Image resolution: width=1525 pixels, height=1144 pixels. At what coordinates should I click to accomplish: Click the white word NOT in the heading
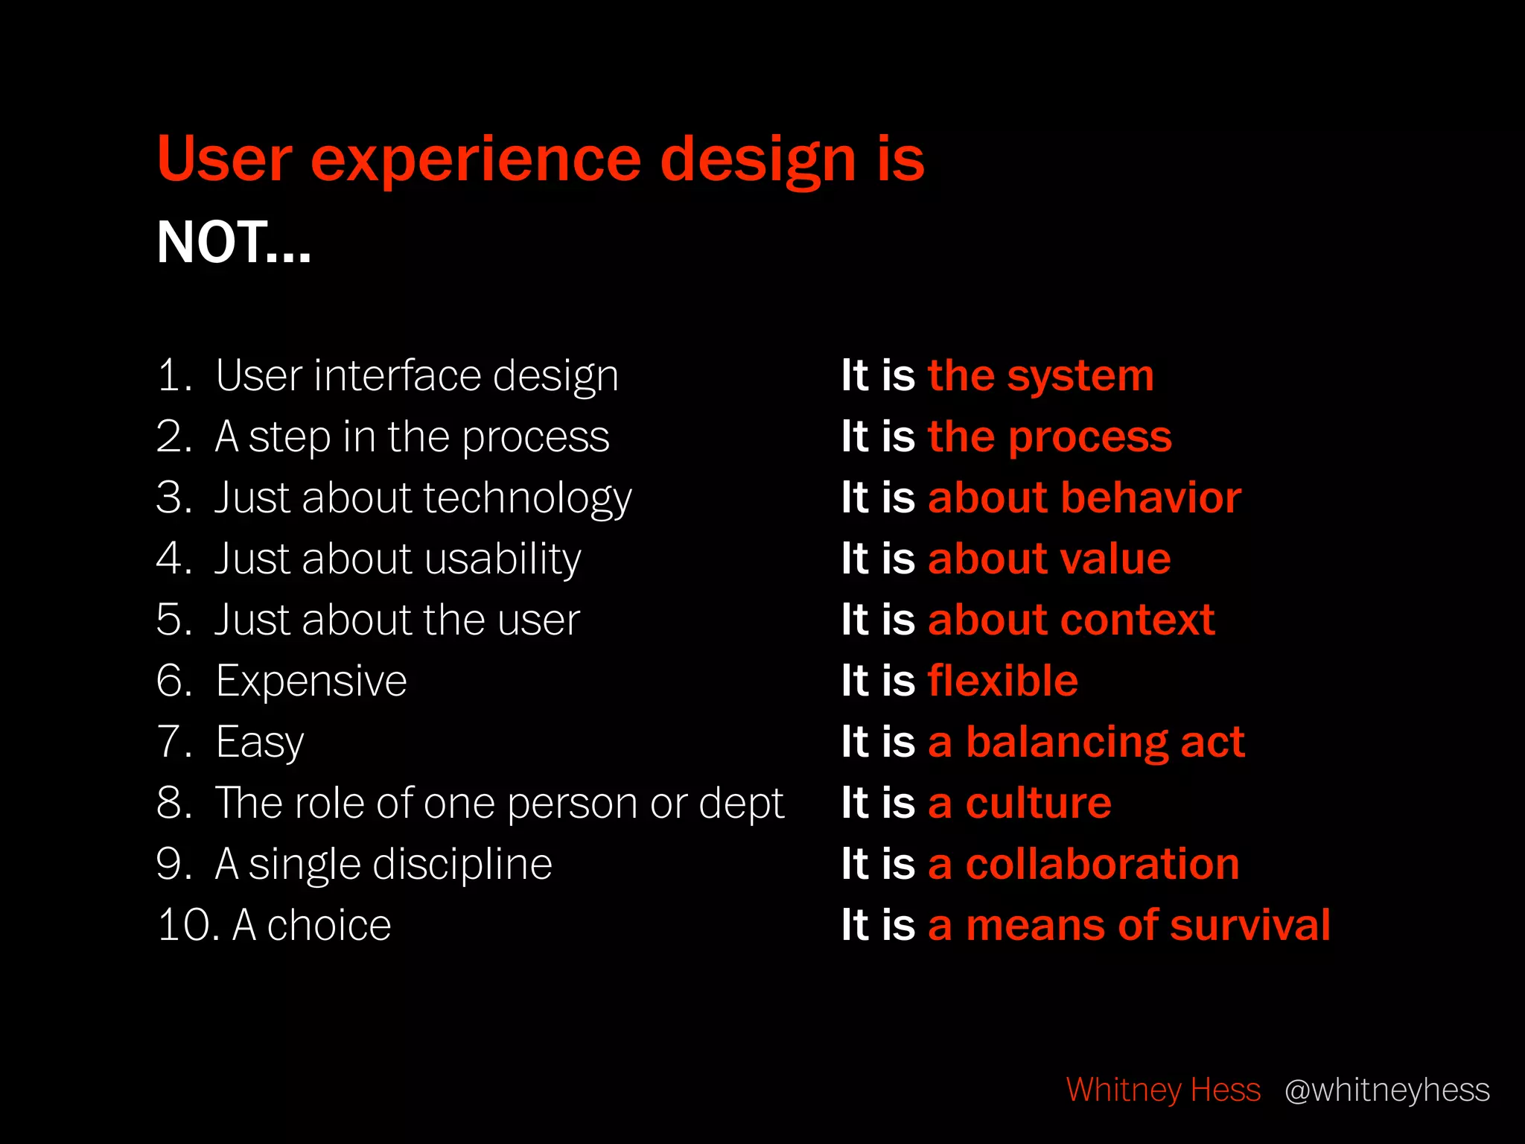pos(212,243)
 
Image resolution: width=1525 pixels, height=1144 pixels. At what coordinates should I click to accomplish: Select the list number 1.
pos(173,375)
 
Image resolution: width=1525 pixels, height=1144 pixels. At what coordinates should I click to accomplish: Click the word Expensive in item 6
pos(311,681)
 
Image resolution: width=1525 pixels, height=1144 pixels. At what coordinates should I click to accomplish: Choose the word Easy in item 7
pos(260,743)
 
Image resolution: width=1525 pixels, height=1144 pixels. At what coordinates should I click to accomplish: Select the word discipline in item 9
pos(462,865)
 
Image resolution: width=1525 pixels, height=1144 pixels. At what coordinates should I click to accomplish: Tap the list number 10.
pos(187,926)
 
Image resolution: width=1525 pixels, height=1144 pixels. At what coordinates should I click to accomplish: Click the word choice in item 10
pos(329,926)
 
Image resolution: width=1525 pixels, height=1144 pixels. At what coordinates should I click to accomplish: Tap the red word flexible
pos(1002,681)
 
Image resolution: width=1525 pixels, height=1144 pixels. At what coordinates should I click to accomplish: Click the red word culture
pos(1038,804)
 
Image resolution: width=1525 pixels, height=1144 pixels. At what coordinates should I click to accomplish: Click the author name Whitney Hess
pos(1163,1090)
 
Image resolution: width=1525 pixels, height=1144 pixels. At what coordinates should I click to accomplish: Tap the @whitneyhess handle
pos(1387,1090)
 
